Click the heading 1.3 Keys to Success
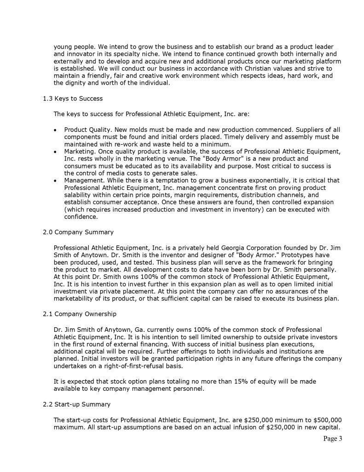[x=72, y=99]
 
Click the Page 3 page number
[x=332, y=439]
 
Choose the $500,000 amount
[x=327, y=419]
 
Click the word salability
[x=80, y=195]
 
